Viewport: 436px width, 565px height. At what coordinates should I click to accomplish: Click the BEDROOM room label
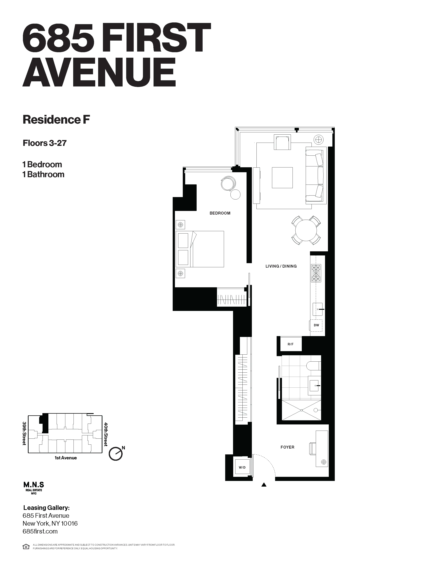(x=220, y=213)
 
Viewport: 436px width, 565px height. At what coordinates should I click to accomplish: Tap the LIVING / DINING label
(x=281, y=266)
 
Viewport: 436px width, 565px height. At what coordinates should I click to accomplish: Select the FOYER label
(x=287, y=447)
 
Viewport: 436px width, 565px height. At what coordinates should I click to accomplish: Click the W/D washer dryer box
(x=242, y=467)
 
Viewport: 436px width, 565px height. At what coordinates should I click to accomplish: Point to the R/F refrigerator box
(x=290, y=344)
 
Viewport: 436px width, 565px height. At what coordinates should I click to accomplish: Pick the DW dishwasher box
(x=316, y=325)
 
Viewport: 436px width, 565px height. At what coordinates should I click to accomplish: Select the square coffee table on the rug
(x=282, y=178)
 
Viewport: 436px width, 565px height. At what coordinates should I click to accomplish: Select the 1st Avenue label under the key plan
(x=66, y=458)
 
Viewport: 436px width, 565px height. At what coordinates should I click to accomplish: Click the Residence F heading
(x=56, y=120)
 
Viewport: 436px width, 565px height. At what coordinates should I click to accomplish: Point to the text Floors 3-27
(x=45, y=143)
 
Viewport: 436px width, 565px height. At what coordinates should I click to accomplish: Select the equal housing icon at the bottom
(x=26, y=547)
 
